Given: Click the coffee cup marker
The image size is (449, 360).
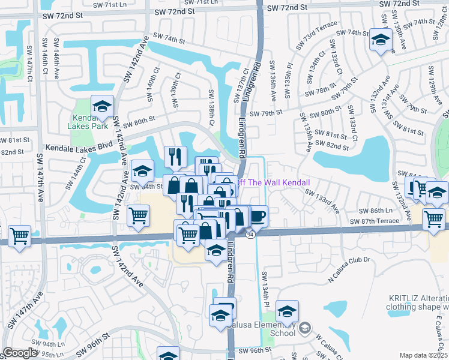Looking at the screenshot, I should click(x=258, y=215).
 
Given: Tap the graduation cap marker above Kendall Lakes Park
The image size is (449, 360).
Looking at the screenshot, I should click(x=103, y=107).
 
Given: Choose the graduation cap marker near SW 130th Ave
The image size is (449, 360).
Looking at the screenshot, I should click(x=379, y=41).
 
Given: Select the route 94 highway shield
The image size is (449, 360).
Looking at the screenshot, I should click(x=250, y=234).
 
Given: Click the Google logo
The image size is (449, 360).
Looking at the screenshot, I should click(x=20, y=353).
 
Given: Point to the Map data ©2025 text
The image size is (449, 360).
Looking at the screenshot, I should click(x=424, y=355).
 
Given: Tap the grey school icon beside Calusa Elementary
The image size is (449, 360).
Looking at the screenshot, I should click(x=306, y=328).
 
